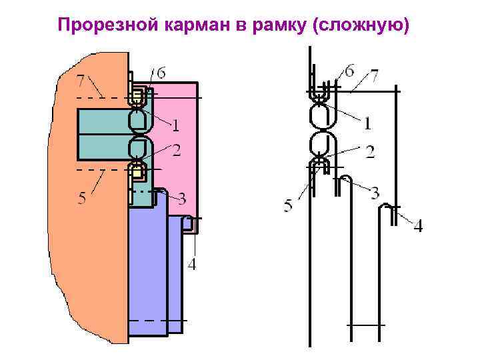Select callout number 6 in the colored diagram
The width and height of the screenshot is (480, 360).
point(161,73)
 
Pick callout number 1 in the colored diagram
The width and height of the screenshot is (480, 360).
point(176,125)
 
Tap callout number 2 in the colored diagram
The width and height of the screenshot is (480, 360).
point(176,151)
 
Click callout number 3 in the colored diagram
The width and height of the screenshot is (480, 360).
point(181,199)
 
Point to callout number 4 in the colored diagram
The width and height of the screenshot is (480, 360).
point(192,265)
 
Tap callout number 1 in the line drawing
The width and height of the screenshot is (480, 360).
point(367,123)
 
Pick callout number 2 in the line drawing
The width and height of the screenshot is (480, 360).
point(369,152)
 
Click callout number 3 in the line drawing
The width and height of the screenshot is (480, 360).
point(375,194)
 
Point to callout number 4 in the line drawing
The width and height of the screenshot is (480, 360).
point(418,227)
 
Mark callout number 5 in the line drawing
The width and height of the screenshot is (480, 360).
point(288,206)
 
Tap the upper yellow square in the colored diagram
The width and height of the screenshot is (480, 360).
point(138,97)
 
